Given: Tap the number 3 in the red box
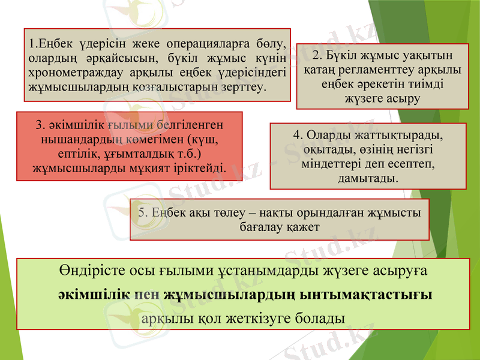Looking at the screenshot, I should point(40,125).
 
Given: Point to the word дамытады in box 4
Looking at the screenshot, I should point(368,178).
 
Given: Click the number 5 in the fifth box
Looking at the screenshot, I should point(142,212).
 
